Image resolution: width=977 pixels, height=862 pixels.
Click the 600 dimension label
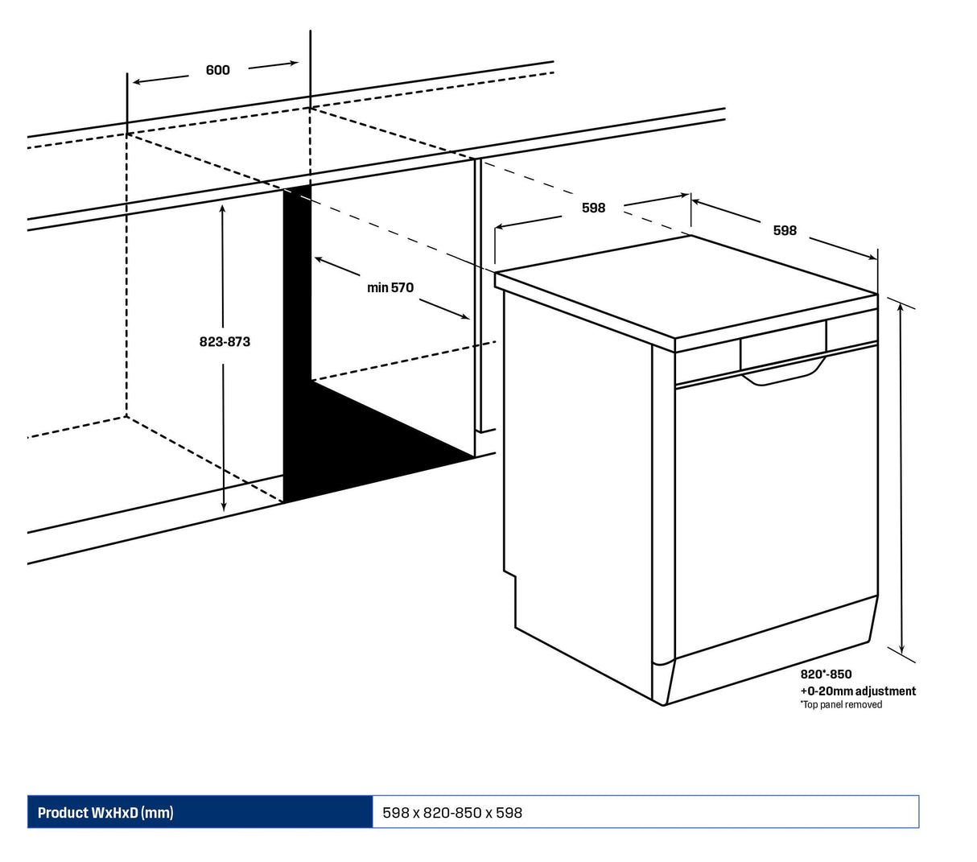tap(217, 70)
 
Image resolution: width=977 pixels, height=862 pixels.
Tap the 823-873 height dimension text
tap(225, 341)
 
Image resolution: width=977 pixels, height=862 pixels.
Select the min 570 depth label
tap(390, 287)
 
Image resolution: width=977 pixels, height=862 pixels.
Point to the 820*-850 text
tap(826, 674)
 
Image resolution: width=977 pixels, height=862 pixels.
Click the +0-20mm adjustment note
tap(857, 691)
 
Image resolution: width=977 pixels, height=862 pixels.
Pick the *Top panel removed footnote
tap(840, 705)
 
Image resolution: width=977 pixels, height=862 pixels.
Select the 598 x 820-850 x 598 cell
tap(452, 813)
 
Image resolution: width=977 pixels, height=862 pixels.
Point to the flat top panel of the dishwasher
tap(684, 286)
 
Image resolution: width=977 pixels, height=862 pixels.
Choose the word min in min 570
tap(377, 287)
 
